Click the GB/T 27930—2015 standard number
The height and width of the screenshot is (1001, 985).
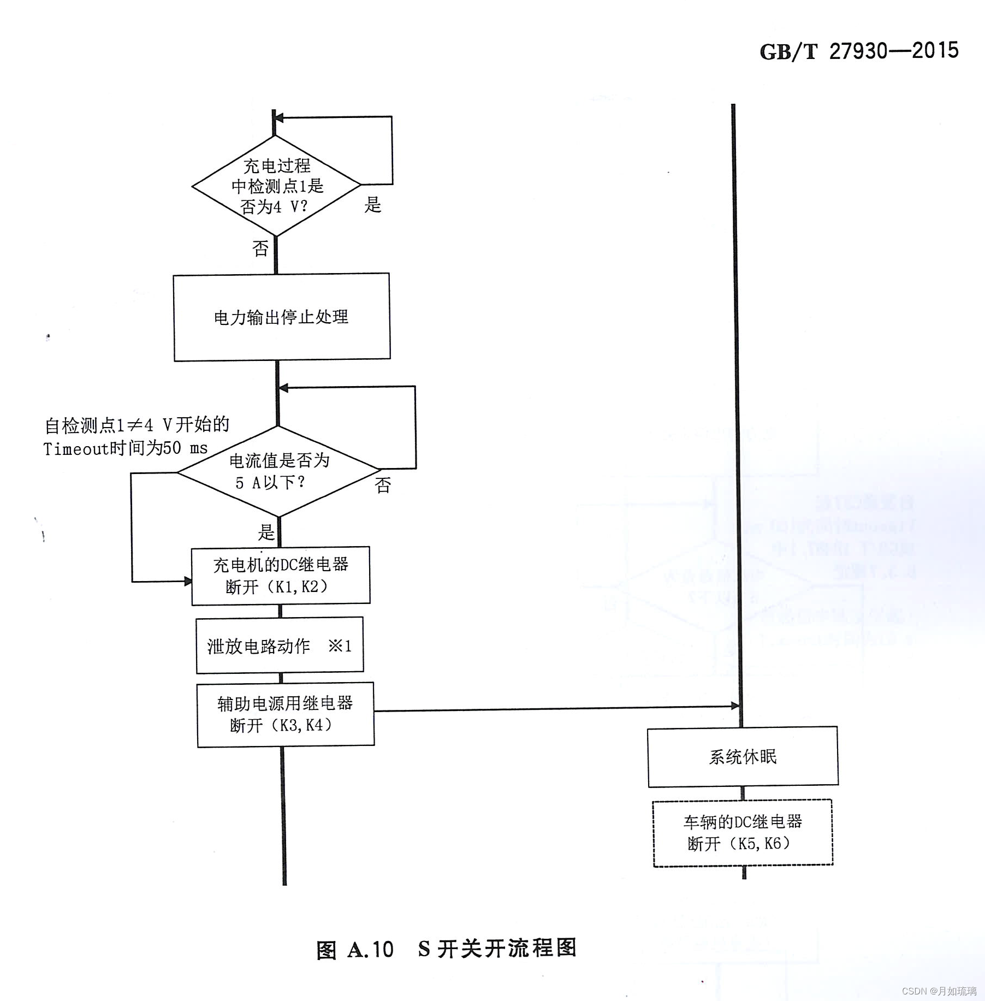(859, 51)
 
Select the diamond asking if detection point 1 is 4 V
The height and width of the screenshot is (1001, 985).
(276, 186)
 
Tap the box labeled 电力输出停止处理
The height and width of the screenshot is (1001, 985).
(281, 317)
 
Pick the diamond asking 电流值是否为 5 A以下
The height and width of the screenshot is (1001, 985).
(278, 471)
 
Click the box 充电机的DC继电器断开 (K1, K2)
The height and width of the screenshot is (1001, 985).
(281, 576)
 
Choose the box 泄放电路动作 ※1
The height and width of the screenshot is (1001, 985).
(280, 645)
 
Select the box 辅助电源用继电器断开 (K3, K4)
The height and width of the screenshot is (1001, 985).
(286, 714)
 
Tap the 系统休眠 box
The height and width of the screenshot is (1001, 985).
(743, 756)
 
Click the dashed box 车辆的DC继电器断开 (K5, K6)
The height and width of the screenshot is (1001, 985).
(743, 833)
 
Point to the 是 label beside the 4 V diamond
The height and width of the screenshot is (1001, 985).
(373, 205)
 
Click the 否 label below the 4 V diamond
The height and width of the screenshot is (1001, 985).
(260, 249)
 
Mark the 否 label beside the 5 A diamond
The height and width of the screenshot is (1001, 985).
(383, 485)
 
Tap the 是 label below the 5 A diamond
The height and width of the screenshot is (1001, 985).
(266, 532)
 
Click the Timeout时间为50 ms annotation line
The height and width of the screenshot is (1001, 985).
(126, 449)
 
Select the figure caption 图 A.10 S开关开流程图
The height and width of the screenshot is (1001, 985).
(446, 949)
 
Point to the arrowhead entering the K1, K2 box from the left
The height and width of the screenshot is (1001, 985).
(188, 582)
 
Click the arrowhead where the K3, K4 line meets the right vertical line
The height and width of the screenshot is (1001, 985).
(735, 706)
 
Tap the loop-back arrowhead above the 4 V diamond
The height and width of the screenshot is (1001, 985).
(278, 117)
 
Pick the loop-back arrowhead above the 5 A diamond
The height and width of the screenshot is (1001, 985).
(283, 388)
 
